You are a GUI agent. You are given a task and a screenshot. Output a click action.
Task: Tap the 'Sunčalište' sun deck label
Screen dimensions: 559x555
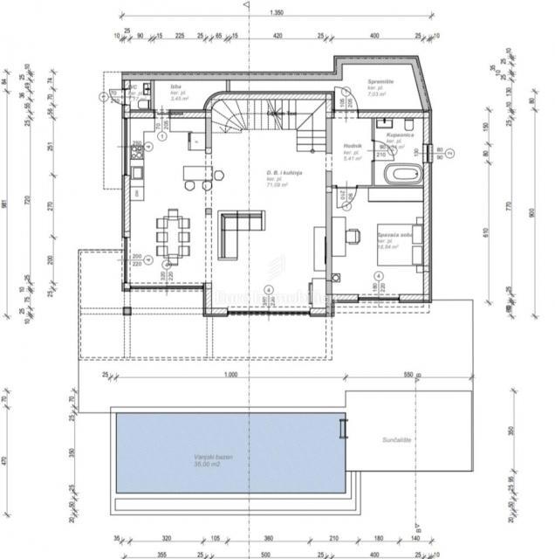click(386, 443)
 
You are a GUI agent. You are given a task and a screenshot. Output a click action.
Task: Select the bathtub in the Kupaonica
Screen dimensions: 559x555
click(401, 173)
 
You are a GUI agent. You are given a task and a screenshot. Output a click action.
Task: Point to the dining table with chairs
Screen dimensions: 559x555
click(173, 235)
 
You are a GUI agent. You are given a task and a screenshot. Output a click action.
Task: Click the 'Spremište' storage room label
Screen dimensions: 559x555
click(381, 80)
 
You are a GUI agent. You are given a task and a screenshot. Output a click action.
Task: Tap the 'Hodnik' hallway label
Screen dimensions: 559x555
click(353, 146)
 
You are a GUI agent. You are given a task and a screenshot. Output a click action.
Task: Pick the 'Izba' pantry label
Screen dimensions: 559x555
click(175, 87)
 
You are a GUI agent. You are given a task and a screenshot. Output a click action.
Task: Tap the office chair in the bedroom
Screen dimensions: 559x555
click(353, 234)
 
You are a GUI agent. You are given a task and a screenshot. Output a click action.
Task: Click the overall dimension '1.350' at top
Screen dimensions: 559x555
click(277, 13)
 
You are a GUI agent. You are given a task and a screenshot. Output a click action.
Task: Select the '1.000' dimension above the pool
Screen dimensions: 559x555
click(230, 375)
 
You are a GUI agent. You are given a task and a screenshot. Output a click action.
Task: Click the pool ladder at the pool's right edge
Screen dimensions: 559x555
click(343, 430)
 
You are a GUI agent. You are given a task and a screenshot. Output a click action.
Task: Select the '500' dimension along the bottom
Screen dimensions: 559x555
click(265, 553)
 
